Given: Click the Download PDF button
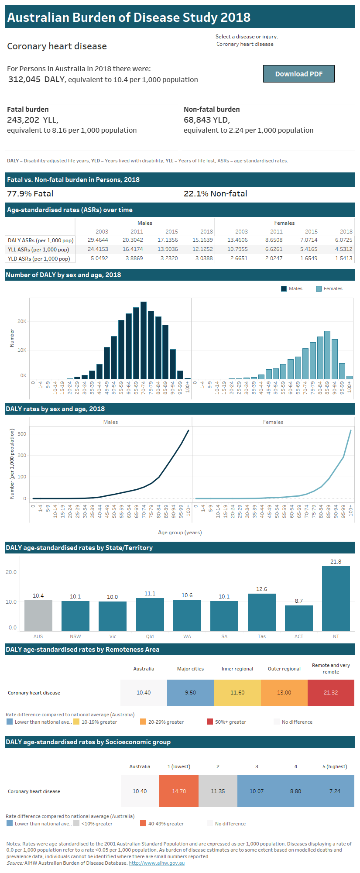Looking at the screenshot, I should pyautogui.click(x=298, y=74).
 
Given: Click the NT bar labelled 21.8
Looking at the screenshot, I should pyautogui.click(x=336, y=598).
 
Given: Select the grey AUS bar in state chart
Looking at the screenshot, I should pyautogui.click(x=38, y=615).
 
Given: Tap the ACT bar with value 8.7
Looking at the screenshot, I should pyautogui.click(x=298, y=618).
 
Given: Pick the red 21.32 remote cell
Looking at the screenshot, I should pyautogui.click(x=331, y=692).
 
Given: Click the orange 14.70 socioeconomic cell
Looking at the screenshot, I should pyautogui.click(x=179, y=791).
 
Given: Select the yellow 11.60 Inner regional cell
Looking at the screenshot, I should pyautogui.click(x=237, y=692).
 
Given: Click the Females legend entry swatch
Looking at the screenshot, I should pyautogui.click(x=319, y=289).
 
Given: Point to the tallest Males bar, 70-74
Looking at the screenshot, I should pyautogui.click(x=144, y=340).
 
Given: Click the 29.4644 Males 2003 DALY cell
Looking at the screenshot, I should pyautogui.click(x=98, y=240).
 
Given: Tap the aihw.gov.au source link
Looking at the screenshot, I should pyautogui.click(x=157, y=863).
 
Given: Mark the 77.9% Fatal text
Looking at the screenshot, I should pyautogui.click(x=30, y=194).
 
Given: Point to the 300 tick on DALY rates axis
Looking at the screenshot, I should pyautogui.click(x=22, y=434).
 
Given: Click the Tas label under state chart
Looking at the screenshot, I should pyautogui.click(x=261, y=636).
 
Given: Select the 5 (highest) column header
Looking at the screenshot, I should pyautogui.click(x=335, y=766).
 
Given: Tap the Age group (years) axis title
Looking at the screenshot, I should pyautogui.click(x=180, y=533).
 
